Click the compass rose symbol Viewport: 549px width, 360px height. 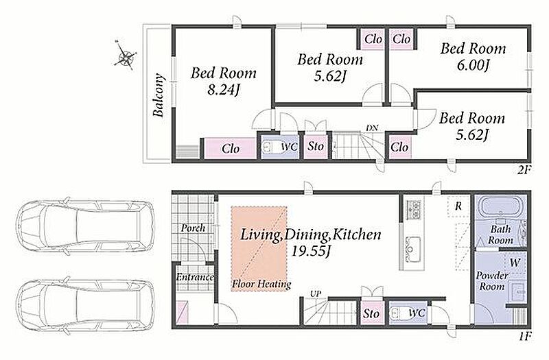click(x=125, y=56)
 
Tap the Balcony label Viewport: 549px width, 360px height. click(x=159, y=95)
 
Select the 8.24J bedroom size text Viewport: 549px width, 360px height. click(x=224, y=90)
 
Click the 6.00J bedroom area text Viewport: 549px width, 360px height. click(x=473, y=65)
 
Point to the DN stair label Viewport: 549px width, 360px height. click(x=372, y=128)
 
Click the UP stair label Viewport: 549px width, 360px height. click(x=315, y=294)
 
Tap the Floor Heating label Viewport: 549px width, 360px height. click(x=261, y=284)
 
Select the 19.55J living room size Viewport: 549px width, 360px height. click(x=312, y=251)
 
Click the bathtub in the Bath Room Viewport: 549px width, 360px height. click(x=500, y=208)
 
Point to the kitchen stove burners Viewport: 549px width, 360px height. click(x=413, y=210)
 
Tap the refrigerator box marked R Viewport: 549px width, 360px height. click(x=458, y=206)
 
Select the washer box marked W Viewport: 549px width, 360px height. click(x=515, y=263)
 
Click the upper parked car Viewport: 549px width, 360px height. click(x=85, y=226)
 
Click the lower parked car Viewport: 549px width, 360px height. click(x=85, y=304)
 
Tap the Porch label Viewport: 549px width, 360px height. click(x=193, y=228)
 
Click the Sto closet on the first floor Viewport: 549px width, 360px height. click(x=371, y=313)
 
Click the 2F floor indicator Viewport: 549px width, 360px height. click(x=524, y=170)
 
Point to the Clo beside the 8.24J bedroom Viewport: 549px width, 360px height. click(x=230, y=149)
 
